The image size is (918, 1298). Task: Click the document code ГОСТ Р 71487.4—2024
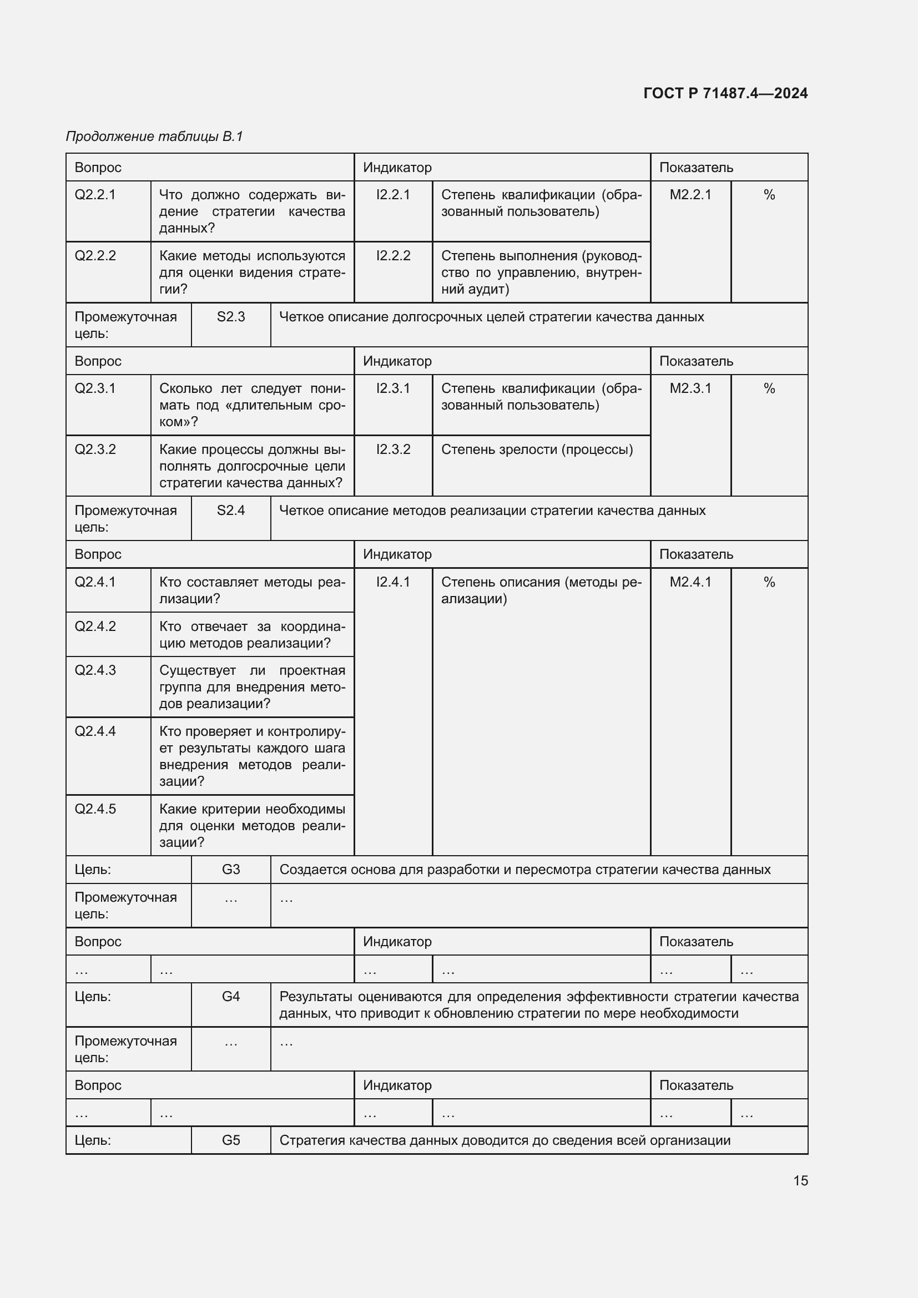725,93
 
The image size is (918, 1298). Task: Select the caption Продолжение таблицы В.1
154,137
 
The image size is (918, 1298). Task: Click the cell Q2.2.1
95,195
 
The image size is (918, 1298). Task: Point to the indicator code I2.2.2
393,256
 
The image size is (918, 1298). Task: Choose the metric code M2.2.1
690,195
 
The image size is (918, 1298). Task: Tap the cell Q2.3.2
95,449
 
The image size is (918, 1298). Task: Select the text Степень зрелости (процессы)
537,449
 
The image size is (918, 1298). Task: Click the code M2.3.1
690,388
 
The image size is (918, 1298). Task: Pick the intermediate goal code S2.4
231,511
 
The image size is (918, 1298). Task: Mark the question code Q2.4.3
95,670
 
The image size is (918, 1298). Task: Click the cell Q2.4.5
95,809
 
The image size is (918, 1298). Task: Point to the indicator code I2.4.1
393,582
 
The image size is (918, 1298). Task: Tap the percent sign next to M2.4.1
769,582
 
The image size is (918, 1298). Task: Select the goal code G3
231,870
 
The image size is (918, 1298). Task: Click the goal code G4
231,997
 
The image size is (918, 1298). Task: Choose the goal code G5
231,1140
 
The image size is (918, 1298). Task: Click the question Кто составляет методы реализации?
251,590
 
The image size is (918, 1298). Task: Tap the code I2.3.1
393,388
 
